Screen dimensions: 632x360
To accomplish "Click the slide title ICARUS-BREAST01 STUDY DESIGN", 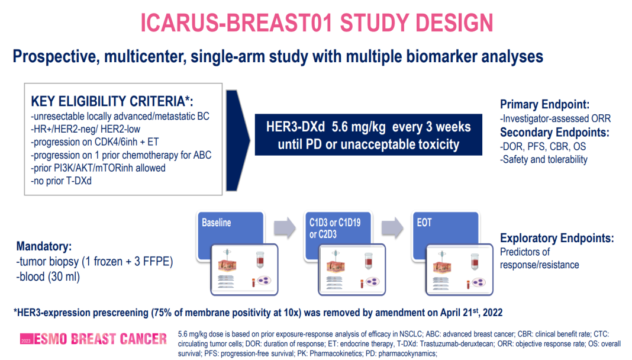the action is pos(317,22).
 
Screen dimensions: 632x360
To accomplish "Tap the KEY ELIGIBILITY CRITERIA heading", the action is pos(112,101).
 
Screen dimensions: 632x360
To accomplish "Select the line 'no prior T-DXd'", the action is pos(62,181).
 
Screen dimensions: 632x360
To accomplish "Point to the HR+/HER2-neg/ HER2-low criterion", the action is pos(85,130).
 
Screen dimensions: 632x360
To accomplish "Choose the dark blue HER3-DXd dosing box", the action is pos(369,134).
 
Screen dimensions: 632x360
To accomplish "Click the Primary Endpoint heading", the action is pos(544,104).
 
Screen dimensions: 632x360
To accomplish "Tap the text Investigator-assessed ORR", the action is pos(556,118).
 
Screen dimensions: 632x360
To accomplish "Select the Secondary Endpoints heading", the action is pos(554,132).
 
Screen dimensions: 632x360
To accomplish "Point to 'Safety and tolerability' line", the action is pos(544,160).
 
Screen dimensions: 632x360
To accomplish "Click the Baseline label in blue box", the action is pos(217,223).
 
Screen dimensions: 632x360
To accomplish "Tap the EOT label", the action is pos(424,223).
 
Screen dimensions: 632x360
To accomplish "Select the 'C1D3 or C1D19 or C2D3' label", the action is pos(335,228).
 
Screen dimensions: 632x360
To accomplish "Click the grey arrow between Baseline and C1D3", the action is pos(285,229).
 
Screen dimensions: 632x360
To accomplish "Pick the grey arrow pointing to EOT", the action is pos(392,229).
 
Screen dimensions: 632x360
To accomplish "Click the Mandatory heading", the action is pos(44,246).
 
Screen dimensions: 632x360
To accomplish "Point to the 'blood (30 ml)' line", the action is pos(48,277).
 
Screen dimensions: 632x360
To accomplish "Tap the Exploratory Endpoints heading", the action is pos(557,238).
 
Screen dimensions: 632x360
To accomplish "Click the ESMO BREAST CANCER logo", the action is pos(93,339).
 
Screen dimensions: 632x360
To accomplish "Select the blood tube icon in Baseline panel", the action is pos(260,259).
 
